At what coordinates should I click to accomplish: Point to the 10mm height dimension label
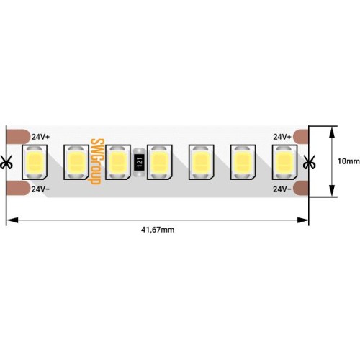(348, 161)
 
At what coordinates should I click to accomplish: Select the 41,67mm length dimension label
(158, 229)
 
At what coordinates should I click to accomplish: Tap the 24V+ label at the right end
(282, 135)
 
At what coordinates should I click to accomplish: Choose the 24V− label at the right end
(282, 189)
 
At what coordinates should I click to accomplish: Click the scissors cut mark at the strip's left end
(6, 161)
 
